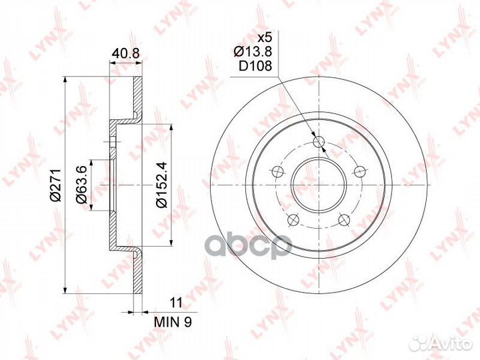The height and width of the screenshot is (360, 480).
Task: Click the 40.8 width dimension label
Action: point(125,53)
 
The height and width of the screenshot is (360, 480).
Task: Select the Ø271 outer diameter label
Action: point(56,185)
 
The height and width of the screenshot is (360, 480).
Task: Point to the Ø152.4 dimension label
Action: point(161,185)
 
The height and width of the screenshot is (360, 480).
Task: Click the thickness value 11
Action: point(176,303)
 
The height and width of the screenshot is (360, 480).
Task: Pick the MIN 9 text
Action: point(173,322)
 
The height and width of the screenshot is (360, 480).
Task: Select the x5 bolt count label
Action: point(264,38)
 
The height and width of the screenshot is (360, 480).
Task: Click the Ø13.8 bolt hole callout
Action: point(253,51)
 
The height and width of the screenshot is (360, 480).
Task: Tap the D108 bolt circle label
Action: point(255,66)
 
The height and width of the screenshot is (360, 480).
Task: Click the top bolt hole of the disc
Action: point(319,141)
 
